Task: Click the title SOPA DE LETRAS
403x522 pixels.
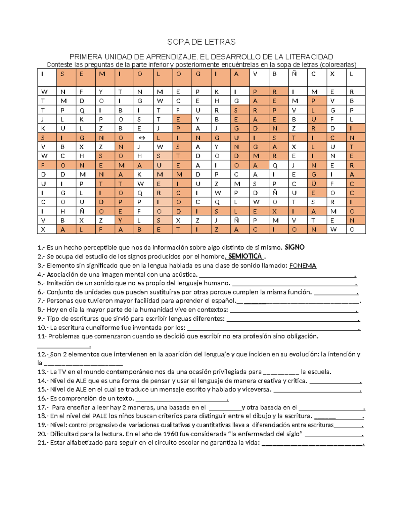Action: tap(201, 42)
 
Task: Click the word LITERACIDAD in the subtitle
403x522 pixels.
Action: tap(308, 57)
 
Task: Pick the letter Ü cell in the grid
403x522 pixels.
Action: tap(314, 184)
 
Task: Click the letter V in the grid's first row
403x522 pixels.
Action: tap(255, 74)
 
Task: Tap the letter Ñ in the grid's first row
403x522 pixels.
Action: tap(294, 74)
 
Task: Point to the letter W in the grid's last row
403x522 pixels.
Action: tap(333, 230)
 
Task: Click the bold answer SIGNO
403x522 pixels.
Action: tap(295, 247)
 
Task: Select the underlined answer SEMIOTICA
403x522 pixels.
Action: tap(245, 256)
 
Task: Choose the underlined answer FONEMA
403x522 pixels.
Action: tap(303, 266)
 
